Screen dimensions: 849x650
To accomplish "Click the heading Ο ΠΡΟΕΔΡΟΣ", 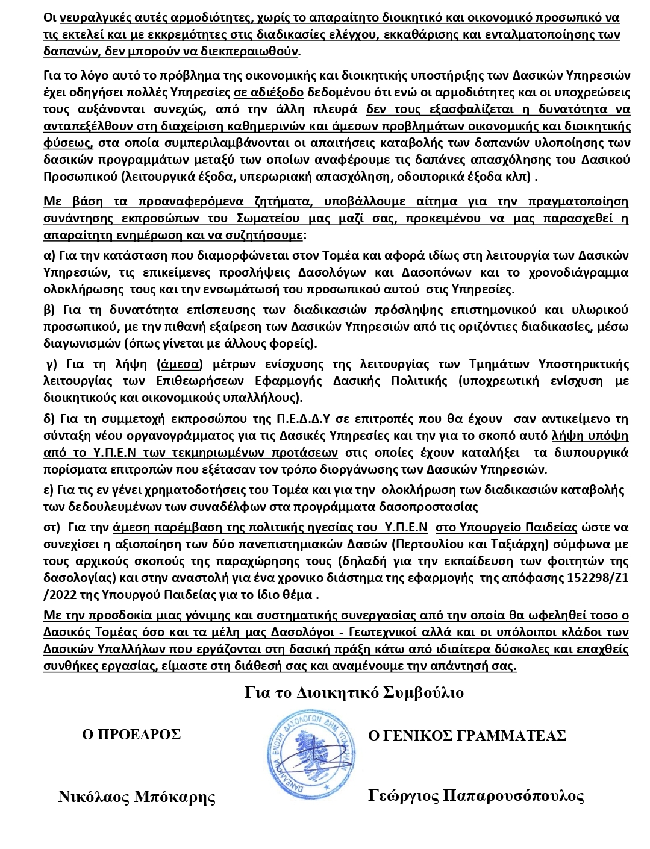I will coord(131,735).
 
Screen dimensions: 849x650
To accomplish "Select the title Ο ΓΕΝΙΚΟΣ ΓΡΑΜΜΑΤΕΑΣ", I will coord(467,736).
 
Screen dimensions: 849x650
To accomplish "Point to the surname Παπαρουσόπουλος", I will coord(513,796).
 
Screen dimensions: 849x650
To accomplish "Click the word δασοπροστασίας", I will coord(435,506).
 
